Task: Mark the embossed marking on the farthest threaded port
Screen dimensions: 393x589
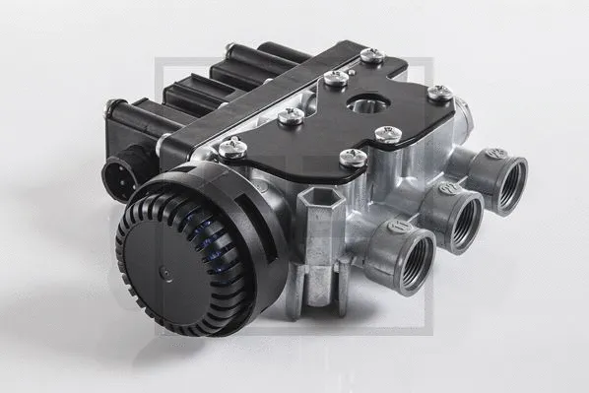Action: pos(495,154)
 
